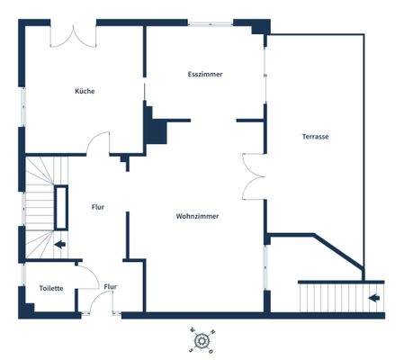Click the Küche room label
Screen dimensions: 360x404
pos(85,91)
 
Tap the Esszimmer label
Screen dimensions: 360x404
pos(205,74)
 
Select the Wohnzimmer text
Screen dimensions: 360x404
pos(198,216)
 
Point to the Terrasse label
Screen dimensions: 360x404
pos(315,137)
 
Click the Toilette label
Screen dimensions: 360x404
pos(51,288)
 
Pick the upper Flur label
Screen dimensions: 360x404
pos(98,207)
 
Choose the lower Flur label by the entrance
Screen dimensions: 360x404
pos(110,287)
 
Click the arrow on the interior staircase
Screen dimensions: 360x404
pos(59,243)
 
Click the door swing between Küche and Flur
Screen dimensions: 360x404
pos(98,144)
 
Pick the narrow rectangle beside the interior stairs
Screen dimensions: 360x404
pos(61,207)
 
